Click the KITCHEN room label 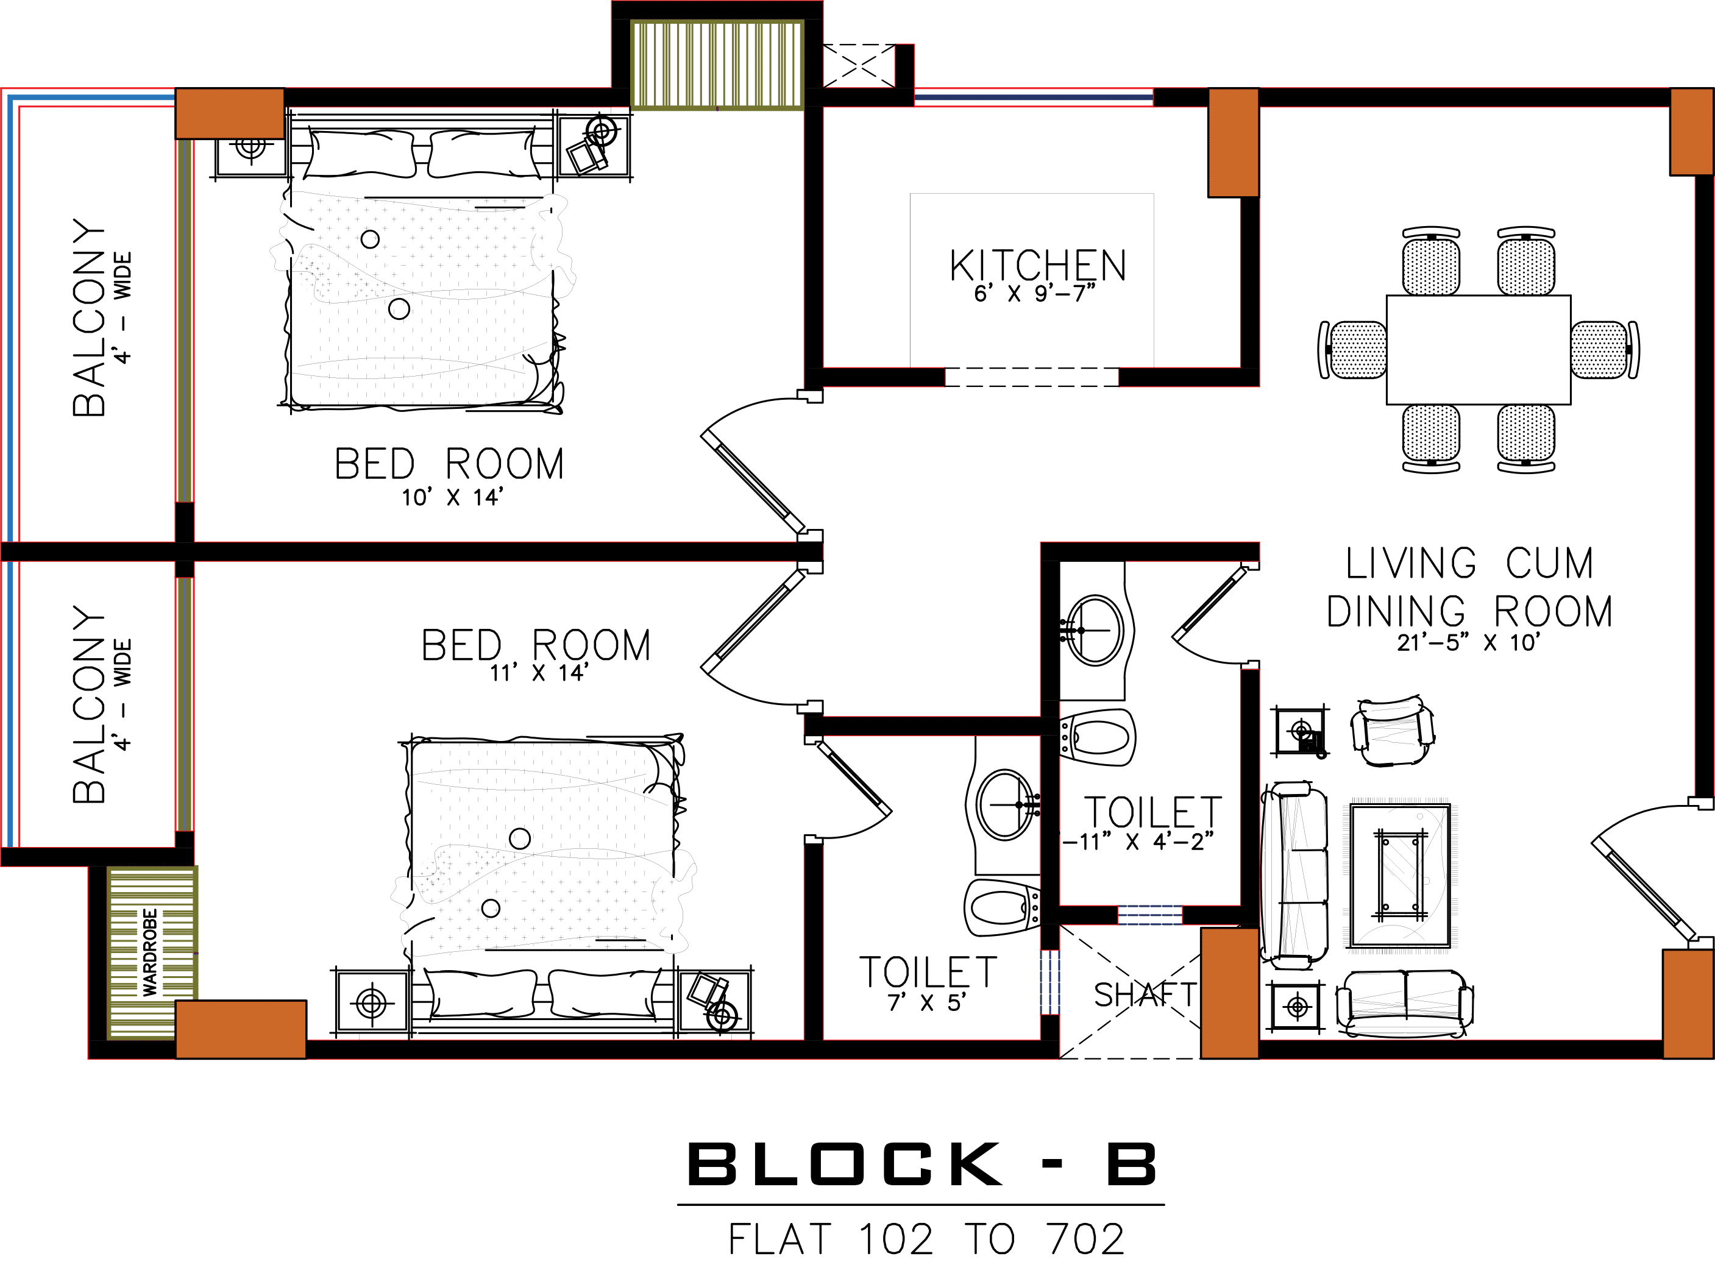coord(1037,266)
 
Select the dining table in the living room coord(1478,349)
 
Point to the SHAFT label coord(1143,994)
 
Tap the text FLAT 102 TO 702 coord(926,1239)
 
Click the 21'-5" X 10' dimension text coord(1467,643)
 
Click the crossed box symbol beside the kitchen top coord(858,66)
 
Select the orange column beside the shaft coord(1229,993)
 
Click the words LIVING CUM coord(1468,564)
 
